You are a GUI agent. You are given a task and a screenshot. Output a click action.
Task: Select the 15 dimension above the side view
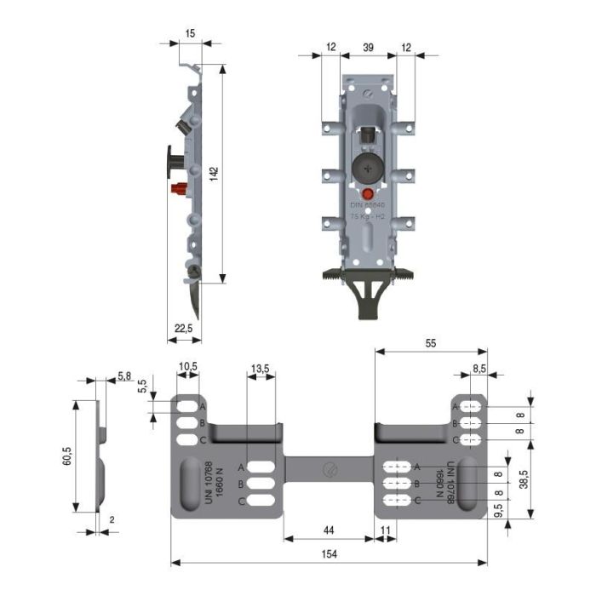point(190,33)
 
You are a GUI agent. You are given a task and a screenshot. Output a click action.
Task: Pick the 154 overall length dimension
point(329,554)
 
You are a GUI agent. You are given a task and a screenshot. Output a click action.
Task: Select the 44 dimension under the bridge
point(329,530)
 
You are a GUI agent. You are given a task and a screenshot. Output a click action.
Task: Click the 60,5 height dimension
point(66,457)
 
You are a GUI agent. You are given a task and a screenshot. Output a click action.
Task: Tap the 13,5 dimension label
point(261,368)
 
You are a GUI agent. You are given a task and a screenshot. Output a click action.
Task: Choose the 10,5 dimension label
point(187,367)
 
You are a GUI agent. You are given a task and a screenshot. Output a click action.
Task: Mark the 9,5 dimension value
point(498,514)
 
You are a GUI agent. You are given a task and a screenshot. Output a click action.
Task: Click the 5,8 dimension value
point(124,375)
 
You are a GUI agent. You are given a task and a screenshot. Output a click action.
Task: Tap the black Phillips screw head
point(367,169)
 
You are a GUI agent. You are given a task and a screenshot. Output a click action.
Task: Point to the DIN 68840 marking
point(368,206)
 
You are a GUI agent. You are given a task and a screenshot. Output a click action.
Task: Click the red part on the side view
point(180,188)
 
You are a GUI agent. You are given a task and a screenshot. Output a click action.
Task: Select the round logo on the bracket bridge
point(329,466)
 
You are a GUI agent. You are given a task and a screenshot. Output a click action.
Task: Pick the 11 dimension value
point(385,530)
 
